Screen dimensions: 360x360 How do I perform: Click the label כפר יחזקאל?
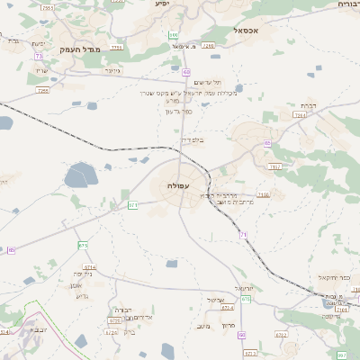coord(335,277)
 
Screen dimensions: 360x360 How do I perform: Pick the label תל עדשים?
coord(192,82)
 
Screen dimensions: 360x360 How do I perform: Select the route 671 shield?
coord(133,205)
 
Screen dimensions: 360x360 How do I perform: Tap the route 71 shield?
coord(243,234)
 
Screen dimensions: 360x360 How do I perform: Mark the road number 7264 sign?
coord(300,115)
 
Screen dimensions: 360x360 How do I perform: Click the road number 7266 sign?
coord(209,44)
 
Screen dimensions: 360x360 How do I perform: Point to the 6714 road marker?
coord(89,267)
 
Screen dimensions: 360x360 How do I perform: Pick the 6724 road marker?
coord(112,332)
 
